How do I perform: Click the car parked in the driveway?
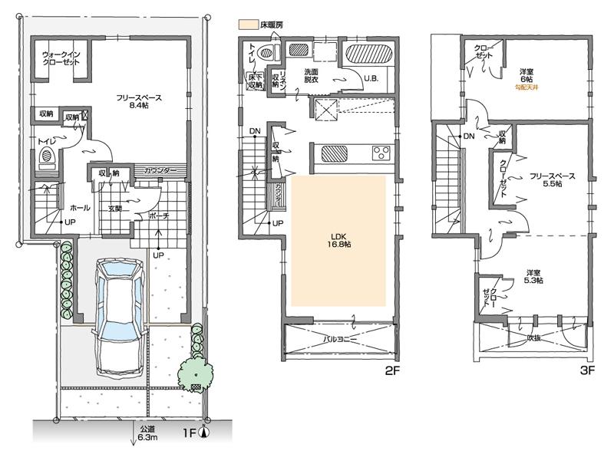[x=117, y=314]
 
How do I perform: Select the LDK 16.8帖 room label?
[x=338, y=239]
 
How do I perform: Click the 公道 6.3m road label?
[x=147, y=434]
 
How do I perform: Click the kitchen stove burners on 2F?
[x=381, y=152]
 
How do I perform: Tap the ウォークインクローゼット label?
[x=62, y=59]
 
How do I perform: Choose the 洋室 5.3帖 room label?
[x=533, y=277]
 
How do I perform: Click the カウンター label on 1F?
[x=160, y=169]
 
